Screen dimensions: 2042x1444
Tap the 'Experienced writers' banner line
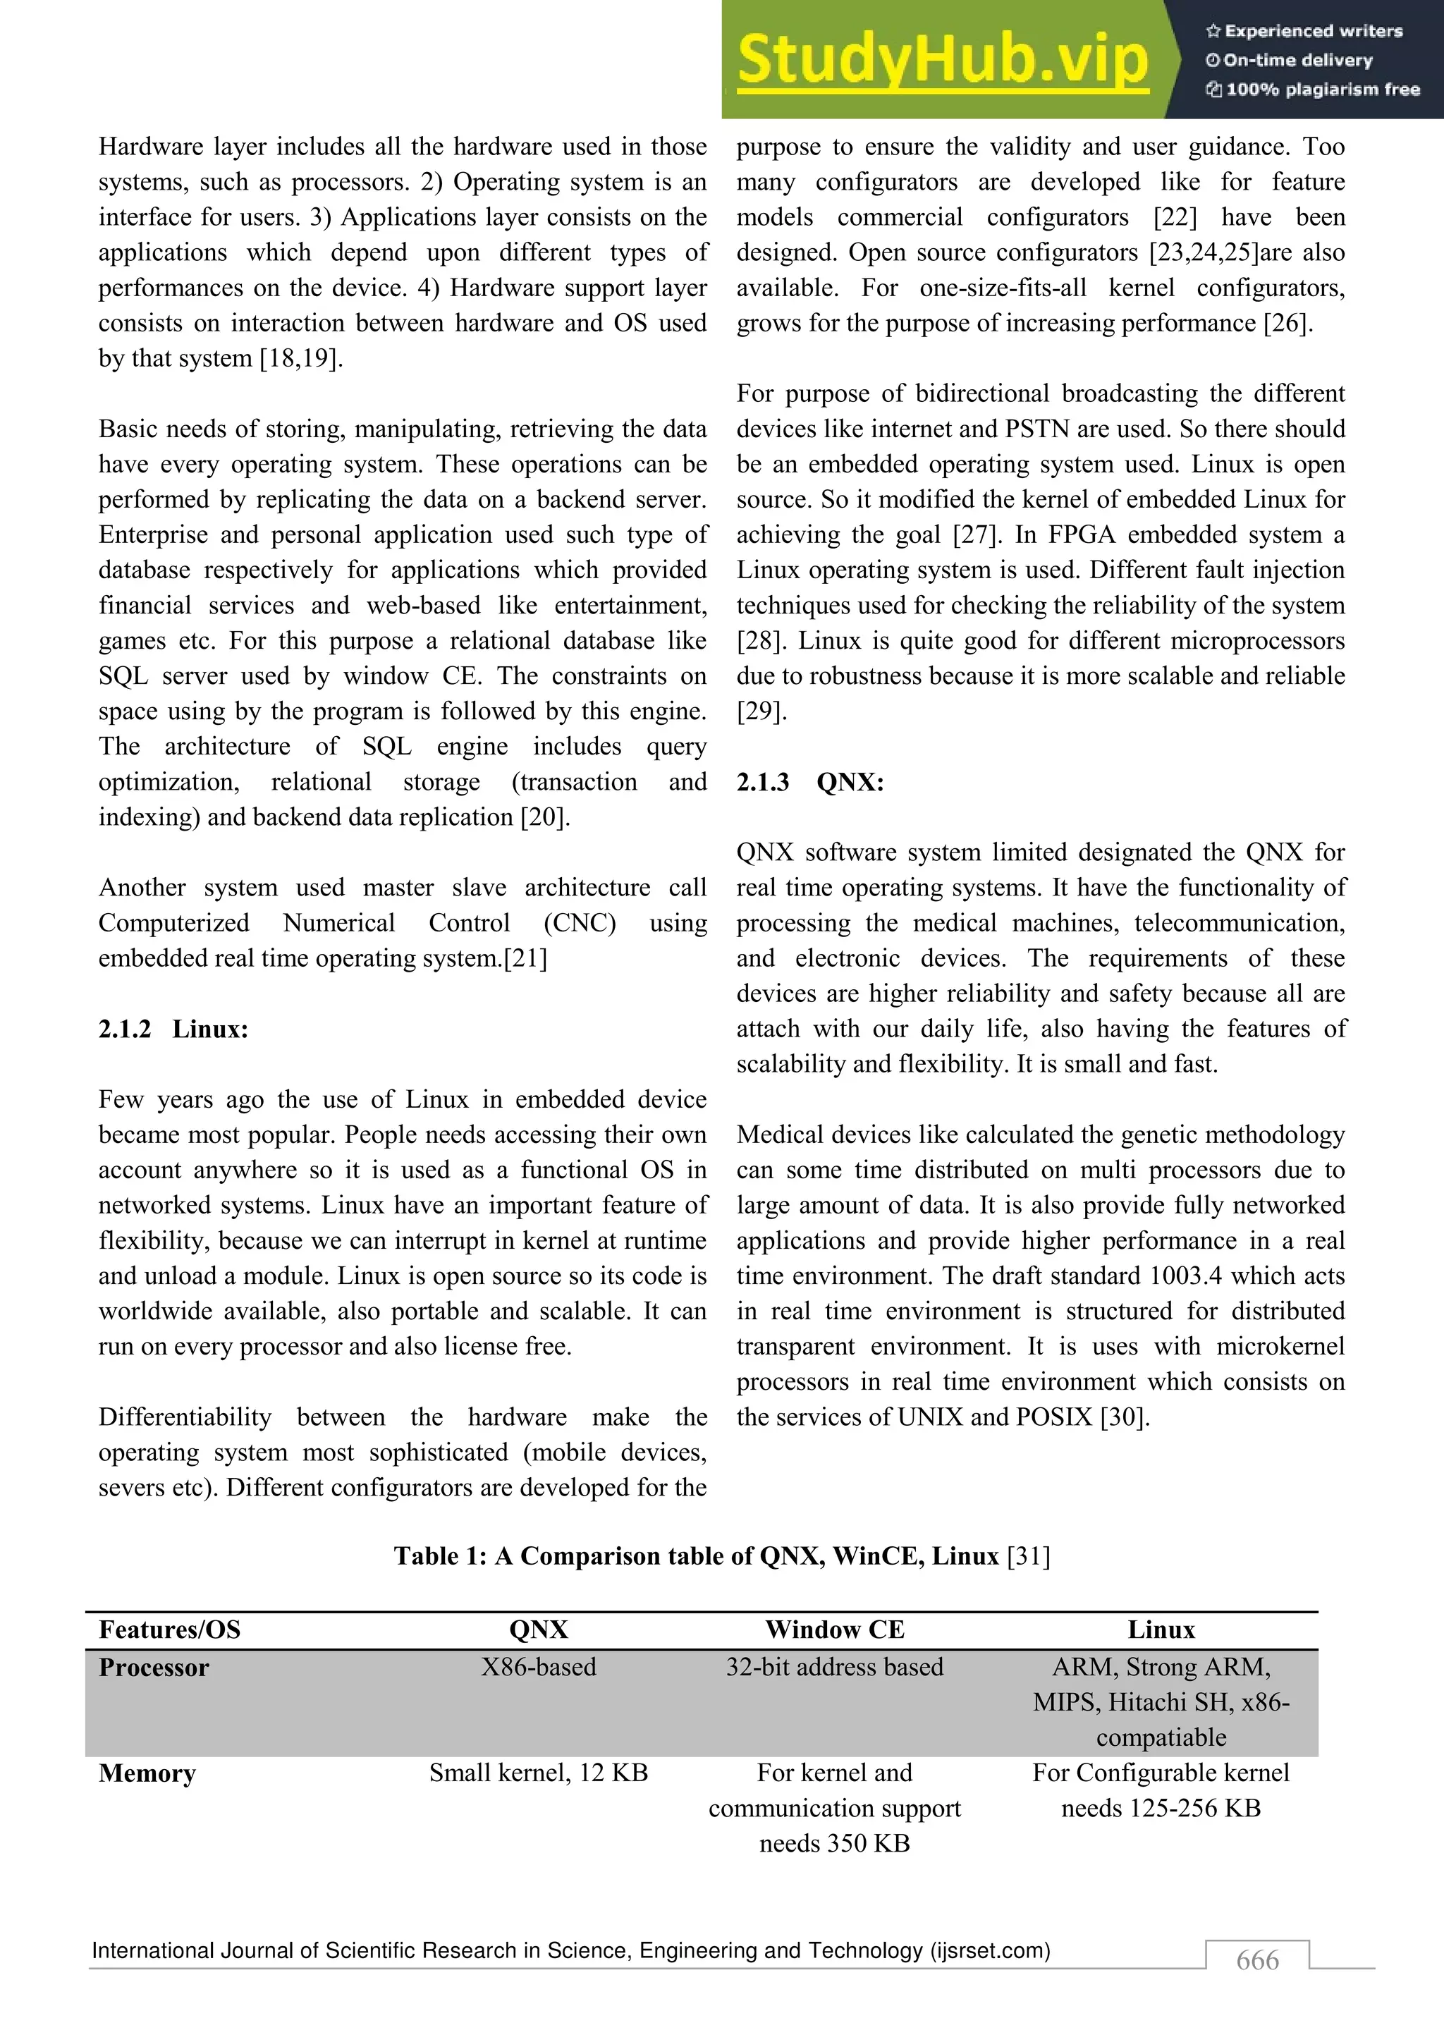coord(1304,31)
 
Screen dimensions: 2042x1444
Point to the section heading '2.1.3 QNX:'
coord(810,782)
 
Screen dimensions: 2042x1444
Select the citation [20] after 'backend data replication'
coord(544,817)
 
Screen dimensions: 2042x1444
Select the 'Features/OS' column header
coord(170,1630)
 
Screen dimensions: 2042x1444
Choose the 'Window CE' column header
coord(834,1630)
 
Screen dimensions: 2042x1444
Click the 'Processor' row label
coord(154,1668)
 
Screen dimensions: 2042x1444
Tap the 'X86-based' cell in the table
coord(538,1667)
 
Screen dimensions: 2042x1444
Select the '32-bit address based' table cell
coord(834,1667)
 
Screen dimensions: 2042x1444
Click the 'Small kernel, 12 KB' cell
coord(538,1773)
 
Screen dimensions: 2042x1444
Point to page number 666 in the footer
coord(1257,1960)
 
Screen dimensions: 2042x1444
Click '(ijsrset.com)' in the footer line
coord(990,1950)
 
